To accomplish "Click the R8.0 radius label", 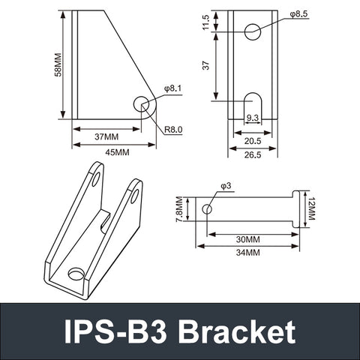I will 173,130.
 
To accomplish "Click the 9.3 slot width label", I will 253,118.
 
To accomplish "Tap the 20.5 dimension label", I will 253,141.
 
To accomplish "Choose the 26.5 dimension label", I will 253,155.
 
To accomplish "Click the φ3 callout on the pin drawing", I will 226,185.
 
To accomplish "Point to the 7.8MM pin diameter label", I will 178,210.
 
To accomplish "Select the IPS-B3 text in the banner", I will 118,331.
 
